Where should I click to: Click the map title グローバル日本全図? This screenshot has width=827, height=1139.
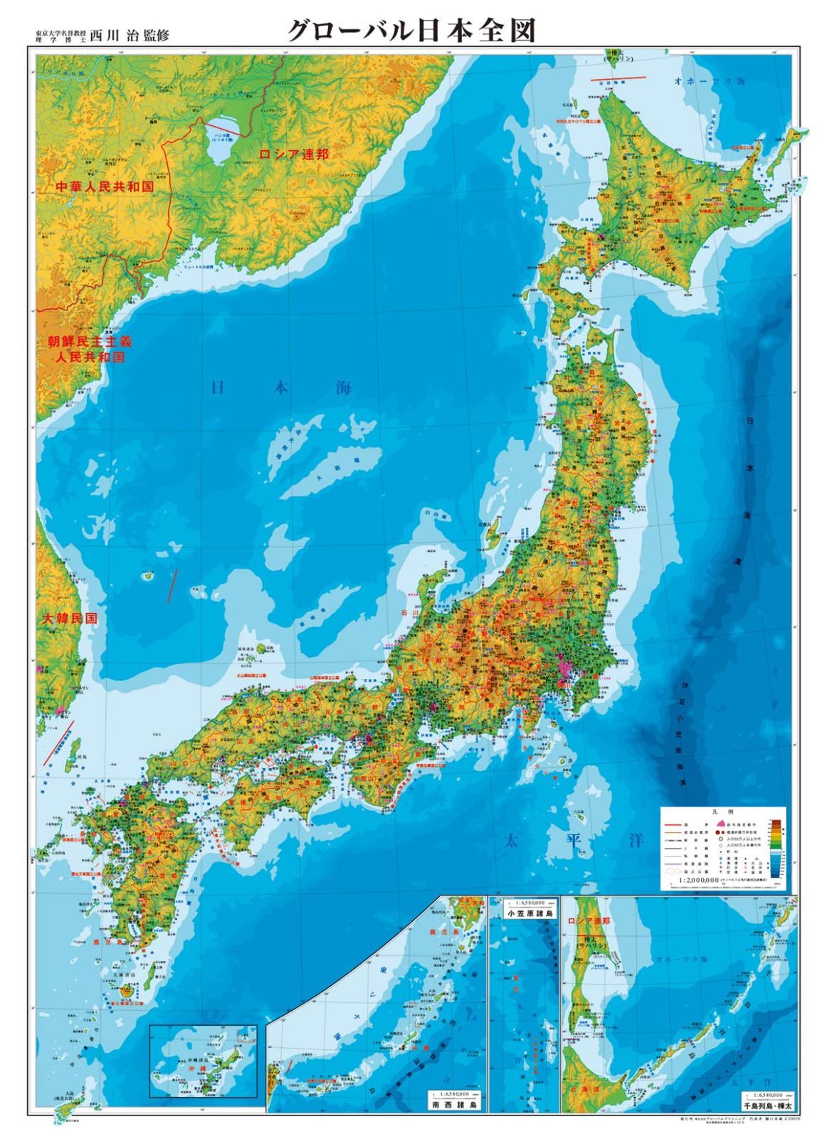point(411,31)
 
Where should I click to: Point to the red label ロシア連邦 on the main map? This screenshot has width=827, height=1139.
point(294,154)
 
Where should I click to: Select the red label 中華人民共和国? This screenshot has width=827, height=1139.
point(105,187)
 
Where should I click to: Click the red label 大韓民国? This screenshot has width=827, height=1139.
point(68,618)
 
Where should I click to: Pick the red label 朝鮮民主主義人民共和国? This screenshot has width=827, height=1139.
point(90,349)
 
